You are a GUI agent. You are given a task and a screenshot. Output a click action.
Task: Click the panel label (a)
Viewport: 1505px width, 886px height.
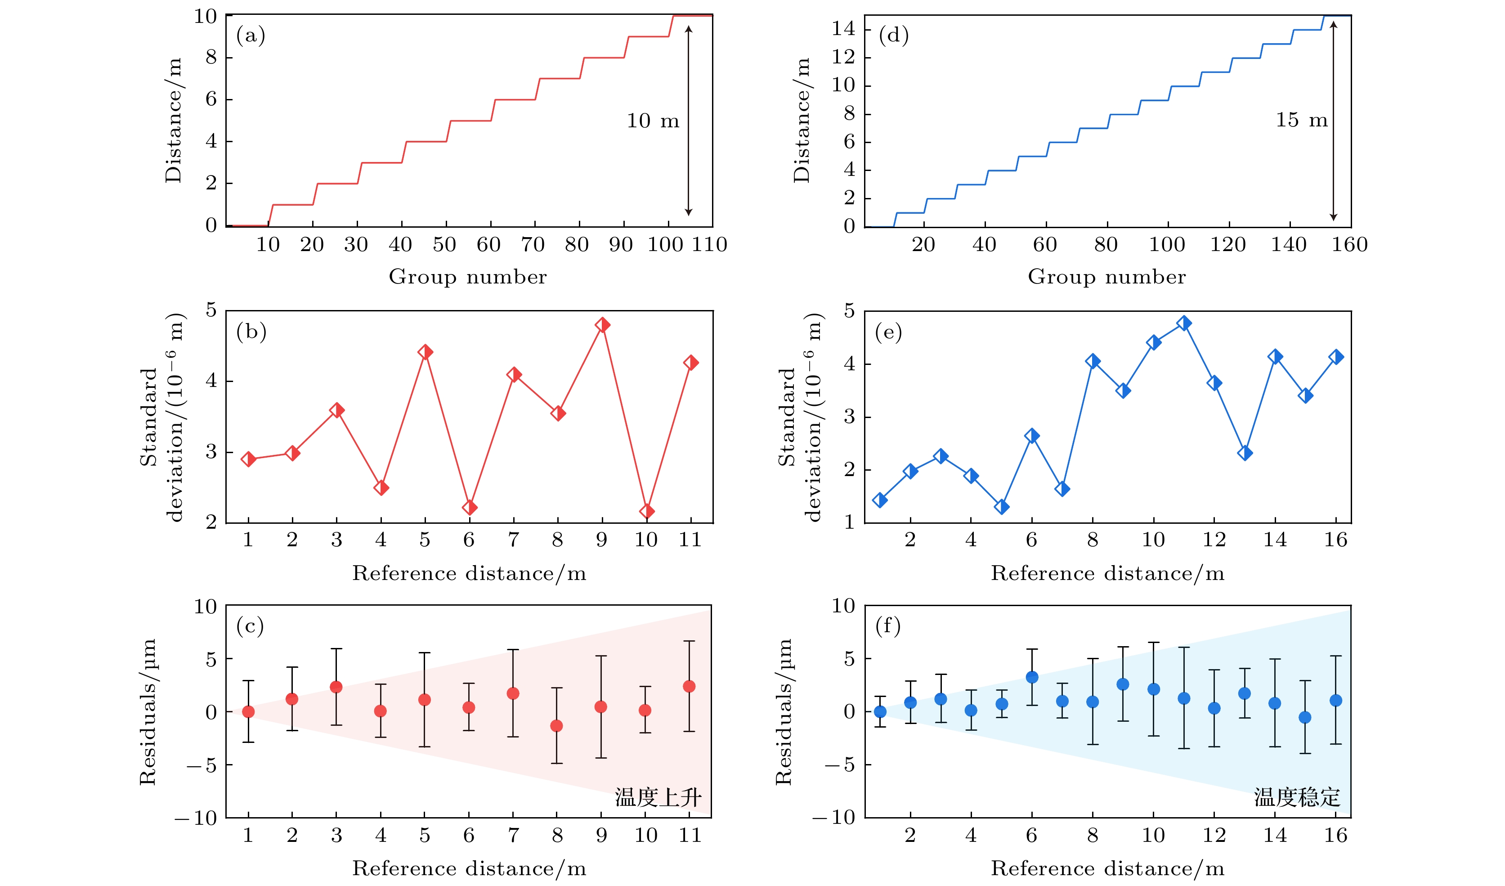pos(250,36)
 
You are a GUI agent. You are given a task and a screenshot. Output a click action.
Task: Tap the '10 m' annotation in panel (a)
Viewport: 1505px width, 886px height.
pos(652,121)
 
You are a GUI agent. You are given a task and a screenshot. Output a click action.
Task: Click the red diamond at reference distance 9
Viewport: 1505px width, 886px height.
pos(602,325)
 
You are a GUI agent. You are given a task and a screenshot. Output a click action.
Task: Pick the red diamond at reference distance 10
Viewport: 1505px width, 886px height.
pos(646,512)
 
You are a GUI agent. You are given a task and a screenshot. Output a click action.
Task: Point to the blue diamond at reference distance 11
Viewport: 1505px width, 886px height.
pos(1184,323)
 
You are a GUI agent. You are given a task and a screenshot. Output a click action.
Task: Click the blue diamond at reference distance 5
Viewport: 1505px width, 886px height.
pos(1002,507)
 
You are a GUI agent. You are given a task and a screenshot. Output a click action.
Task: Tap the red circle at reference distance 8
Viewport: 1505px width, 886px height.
pos(556,726)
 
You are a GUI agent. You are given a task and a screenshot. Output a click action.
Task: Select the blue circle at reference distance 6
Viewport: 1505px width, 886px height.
pos(1032,677)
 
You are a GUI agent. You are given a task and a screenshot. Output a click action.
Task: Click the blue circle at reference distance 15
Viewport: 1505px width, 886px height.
pos(1305,717)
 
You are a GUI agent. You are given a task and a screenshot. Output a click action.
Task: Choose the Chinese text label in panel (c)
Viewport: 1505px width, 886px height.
pos(658,797)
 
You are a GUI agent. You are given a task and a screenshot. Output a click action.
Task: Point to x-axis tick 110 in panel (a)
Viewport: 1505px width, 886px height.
pos(709,245)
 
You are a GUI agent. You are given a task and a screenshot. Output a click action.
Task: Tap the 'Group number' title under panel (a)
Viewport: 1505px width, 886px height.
pos(468,277)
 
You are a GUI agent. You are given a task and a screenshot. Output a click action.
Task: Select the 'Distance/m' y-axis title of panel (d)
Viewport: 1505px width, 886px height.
pos(802,120)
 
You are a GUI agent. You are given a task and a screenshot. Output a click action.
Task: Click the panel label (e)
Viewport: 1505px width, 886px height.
pos(888,332)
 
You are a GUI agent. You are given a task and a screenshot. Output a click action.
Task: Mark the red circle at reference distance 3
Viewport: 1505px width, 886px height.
pos(336,687)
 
